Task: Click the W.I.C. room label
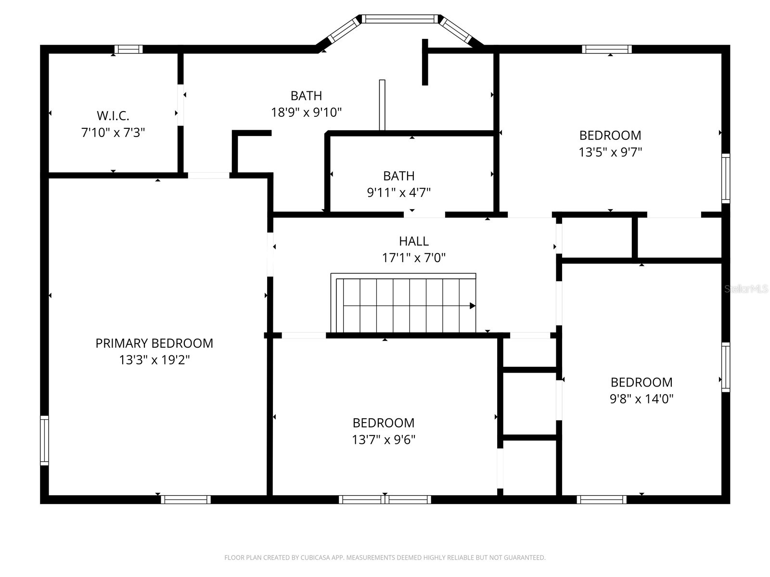point(113,116)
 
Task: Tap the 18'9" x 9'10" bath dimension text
point(306,113)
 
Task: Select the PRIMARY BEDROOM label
point(154,343)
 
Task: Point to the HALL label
point(413,241)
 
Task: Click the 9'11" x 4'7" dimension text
point(398,193)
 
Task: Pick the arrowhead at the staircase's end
point(473,306)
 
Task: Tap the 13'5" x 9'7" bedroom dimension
point(610,152)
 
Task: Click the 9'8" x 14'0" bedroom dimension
point(642,399)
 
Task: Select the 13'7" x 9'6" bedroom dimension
point(384,439)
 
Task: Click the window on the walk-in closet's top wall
point(128,49)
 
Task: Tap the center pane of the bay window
point(400,19)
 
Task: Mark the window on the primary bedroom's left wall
point(44,440)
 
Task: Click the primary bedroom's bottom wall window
point(186,500)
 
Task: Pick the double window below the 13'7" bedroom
point(385,500)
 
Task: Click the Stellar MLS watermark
point(746,289)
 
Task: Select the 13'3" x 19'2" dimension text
point(154,360)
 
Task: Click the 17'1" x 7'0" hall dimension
point(413,258)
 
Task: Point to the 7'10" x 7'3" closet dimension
point(113,133)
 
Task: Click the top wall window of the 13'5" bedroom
point(606,49)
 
